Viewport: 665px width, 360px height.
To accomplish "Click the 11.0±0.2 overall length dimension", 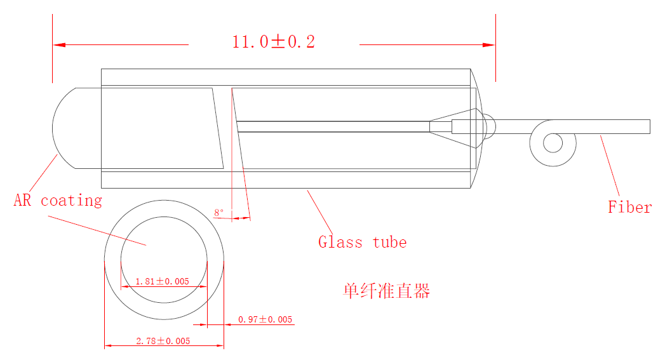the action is pyautogui.click(x=274, y=41).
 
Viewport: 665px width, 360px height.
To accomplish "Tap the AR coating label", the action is pyautogui.click(x=58, y=200).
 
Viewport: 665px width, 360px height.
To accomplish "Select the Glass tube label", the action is pyautogui.click(x=363, y=242).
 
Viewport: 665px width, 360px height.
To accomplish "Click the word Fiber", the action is pyautogui.click(x=630, y=207).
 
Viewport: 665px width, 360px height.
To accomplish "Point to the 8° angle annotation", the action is pyautogui.click(x=219, y=213).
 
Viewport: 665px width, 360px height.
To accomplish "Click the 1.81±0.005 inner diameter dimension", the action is pyautogui.click(x=162, y=281).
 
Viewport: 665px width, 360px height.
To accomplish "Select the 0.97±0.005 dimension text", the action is pyautogui.click(x=265, y=319).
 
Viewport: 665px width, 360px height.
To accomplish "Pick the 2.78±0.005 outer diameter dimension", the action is pyautogui.click(x=163, y=341).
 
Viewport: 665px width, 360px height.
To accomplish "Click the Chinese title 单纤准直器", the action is pyautogui.click(x=386, y=291).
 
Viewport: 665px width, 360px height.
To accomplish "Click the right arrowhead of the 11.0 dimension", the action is pyautogui.click(x=489, y=44).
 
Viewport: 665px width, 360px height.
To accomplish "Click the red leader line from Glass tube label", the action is pyautogui.click(x=319, y=211).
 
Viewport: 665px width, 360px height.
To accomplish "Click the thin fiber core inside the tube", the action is pyautogui.click(x=333, y=126).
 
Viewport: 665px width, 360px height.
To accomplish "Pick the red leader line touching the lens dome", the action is pyautogui.click(x=43, y=173).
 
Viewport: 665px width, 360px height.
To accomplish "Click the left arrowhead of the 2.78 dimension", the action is pyautogui.click(x=108, y=345).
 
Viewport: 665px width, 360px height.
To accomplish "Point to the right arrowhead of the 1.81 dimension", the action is pyautogui.click(x=203, y=286).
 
